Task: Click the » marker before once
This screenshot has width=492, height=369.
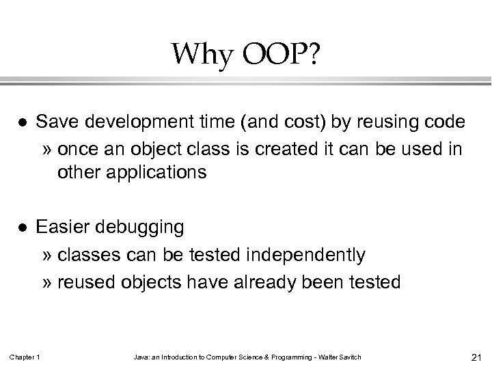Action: pyautogui.click(x=46, y=148)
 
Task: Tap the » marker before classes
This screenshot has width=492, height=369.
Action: pyautogui.click(x=46, y=256)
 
